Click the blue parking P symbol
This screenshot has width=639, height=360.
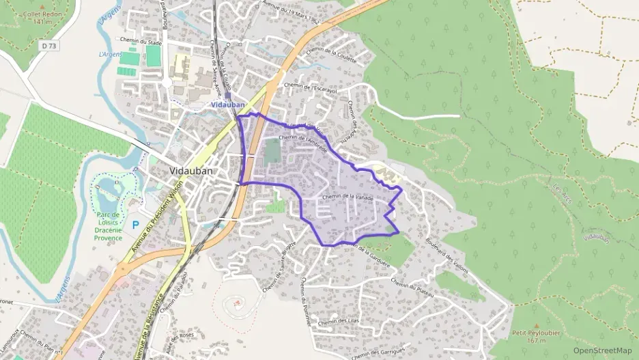click(136, 223)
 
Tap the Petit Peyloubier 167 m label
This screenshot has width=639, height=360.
click(535, 336)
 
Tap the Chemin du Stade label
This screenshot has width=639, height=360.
click(141, 42)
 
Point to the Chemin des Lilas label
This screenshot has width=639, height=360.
click(338, 321)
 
